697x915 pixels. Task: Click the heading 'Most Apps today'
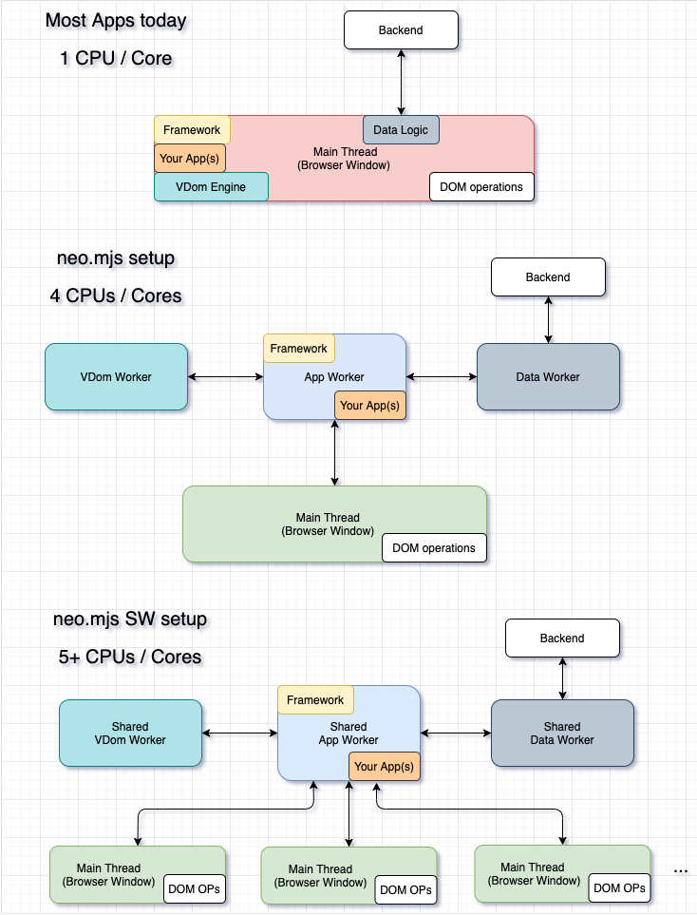coord(116,20)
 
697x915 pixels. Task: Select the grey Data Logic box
coord(401,130)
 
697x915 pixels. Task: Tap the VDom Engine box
coord(211,187)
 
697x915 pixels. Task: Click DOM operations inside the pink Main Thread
coord(481,187)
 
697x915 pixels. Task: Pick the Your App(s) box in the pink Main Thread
coord(190,158)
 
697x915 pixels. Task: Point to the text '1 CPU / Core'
coord(115,58)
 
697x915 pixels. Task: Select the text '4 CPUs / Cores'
coord(116,295)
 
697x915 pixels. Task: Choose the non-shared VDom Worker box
coord(116,377)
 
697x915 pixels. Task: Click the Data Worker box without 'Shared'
coord(548,377)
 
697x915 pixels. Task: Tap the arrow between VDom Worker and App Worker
coord(225,377)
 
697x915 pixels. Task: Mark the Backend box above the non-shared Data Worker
coord(548,276)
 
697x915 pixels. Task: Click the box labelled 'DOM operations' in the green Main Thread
coord(434,548)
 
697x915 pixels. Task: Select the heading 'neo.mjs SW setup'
coord(130,620)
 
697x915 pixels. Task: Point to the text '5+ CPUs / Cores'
coord(129,657)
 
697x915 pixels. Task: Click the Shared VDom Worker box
coord(130,733)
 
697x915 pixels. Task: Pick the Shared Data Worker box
coord(562,733)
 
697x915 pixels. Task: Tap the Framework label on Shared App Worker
coord(315,700)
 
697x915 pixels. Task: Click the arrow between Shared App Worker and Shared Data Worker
coord(455,733)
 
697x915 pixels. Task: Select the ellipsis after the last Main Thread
coord(681,870)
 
